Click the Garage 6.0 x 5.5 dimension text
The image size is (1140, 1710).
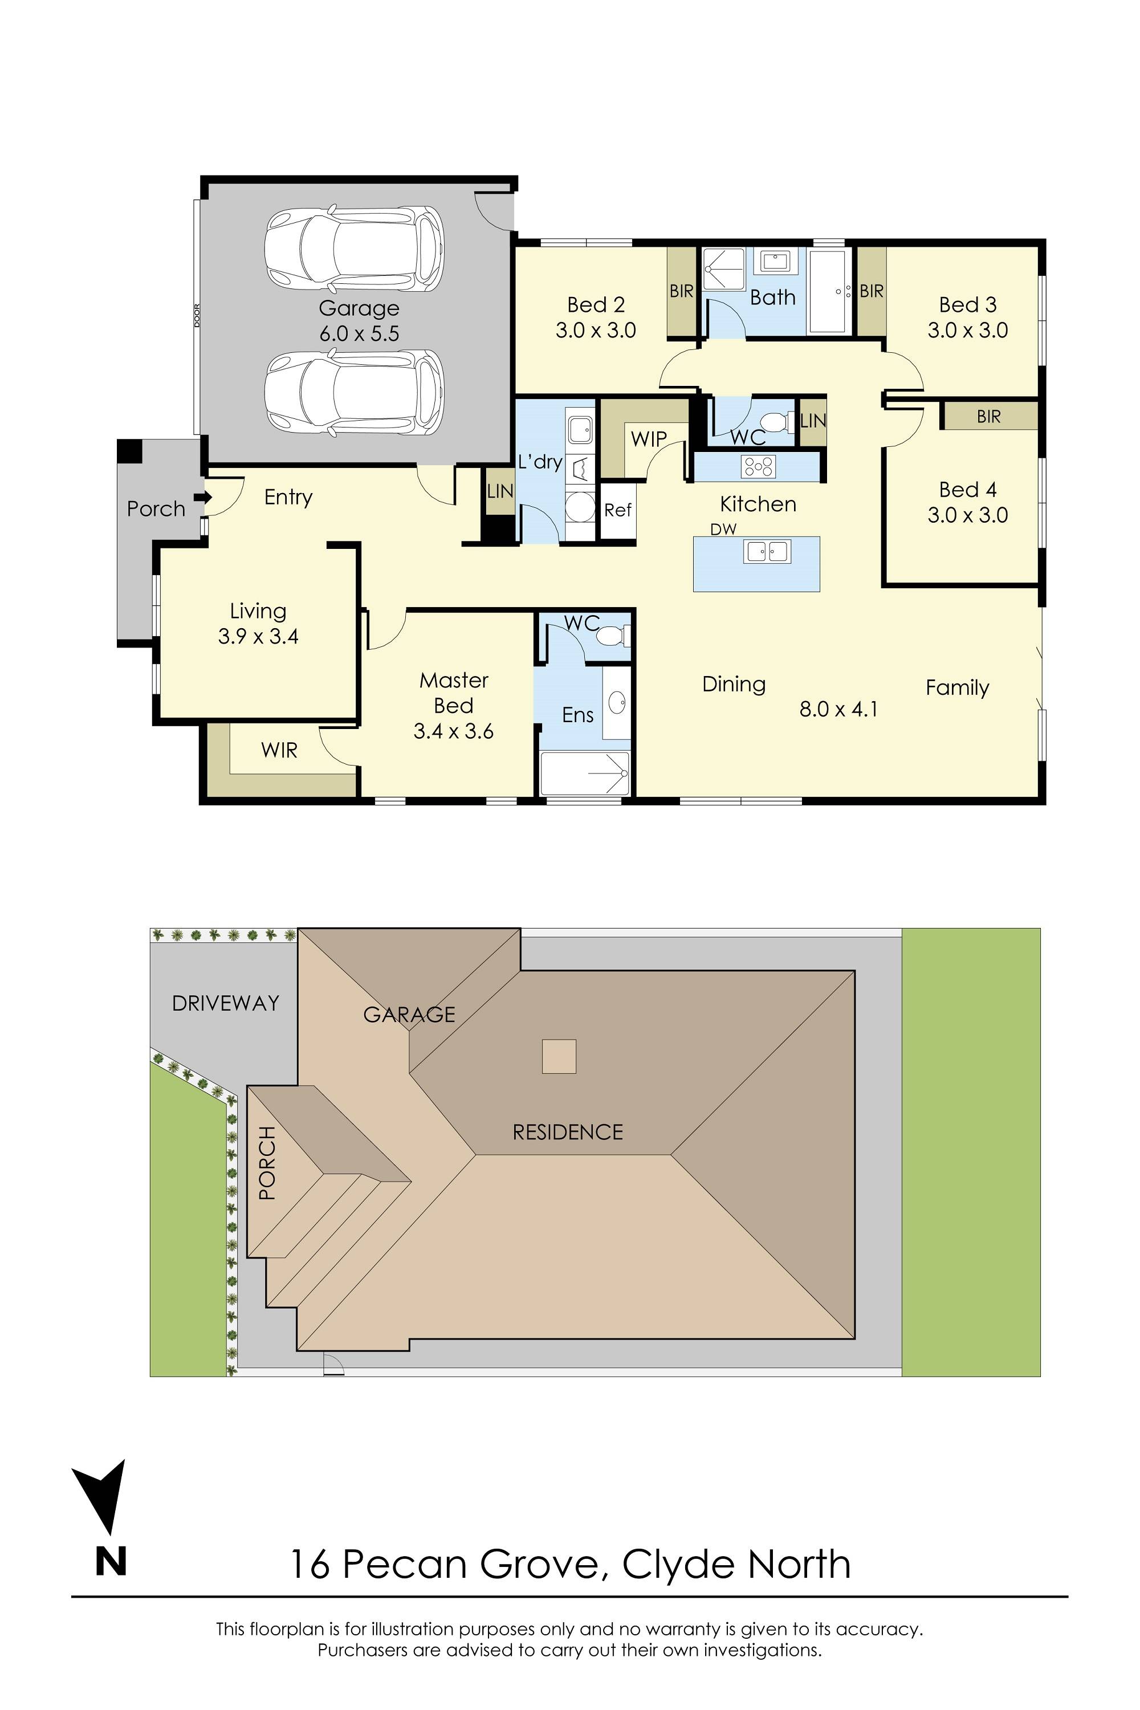click(359, 333)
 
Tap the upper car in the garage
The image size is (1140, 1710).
click(354, 249)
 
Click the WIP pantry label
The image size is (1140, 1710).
click(649, 439)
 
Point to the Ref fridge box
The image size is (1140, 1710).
click(617, 510)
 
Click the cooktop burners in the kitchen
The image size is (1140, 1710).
click(758, 466)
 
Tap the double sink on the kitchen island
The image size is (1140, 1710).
click(766, 552)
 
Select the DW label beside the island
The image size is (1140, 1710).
click(723, 530)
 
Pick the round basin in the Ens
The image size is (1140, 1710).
click(617, 702)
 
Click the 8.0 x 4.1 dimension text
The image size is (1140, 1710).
click(838, 709)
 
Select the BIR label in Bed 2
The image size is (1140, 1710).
click(681, 291)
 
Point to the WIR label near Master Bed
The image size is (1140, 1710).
click(279, 750)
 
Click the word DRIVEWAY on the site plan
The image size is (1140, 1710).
click(225, 1003)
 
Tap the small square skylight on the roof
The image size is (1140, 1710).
click(559, 1056)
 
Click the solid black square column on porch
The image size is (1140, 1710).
click(130, 451)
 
